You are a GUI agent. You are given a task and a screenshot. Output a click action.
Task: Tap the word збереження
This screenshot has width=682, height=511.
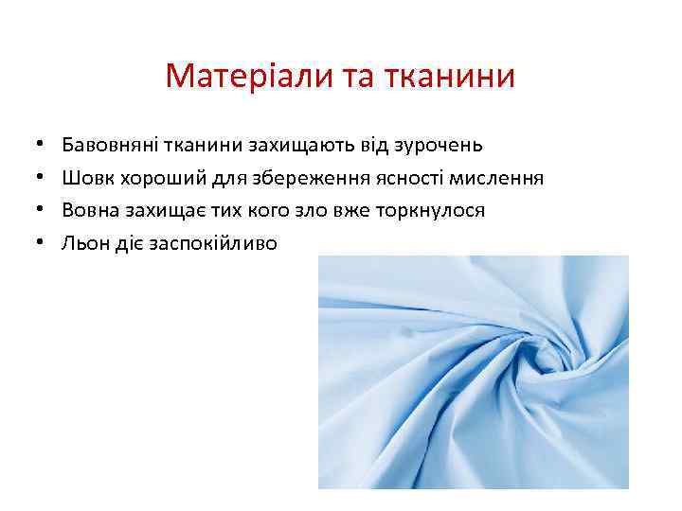point(301,178)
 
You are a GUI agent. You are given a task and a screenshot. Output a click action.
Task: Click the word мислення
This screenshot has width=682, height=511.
point(497,178)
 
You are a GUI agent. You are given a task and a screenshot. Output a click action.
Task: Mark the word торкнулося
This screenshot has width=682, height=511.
point(434,210)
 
